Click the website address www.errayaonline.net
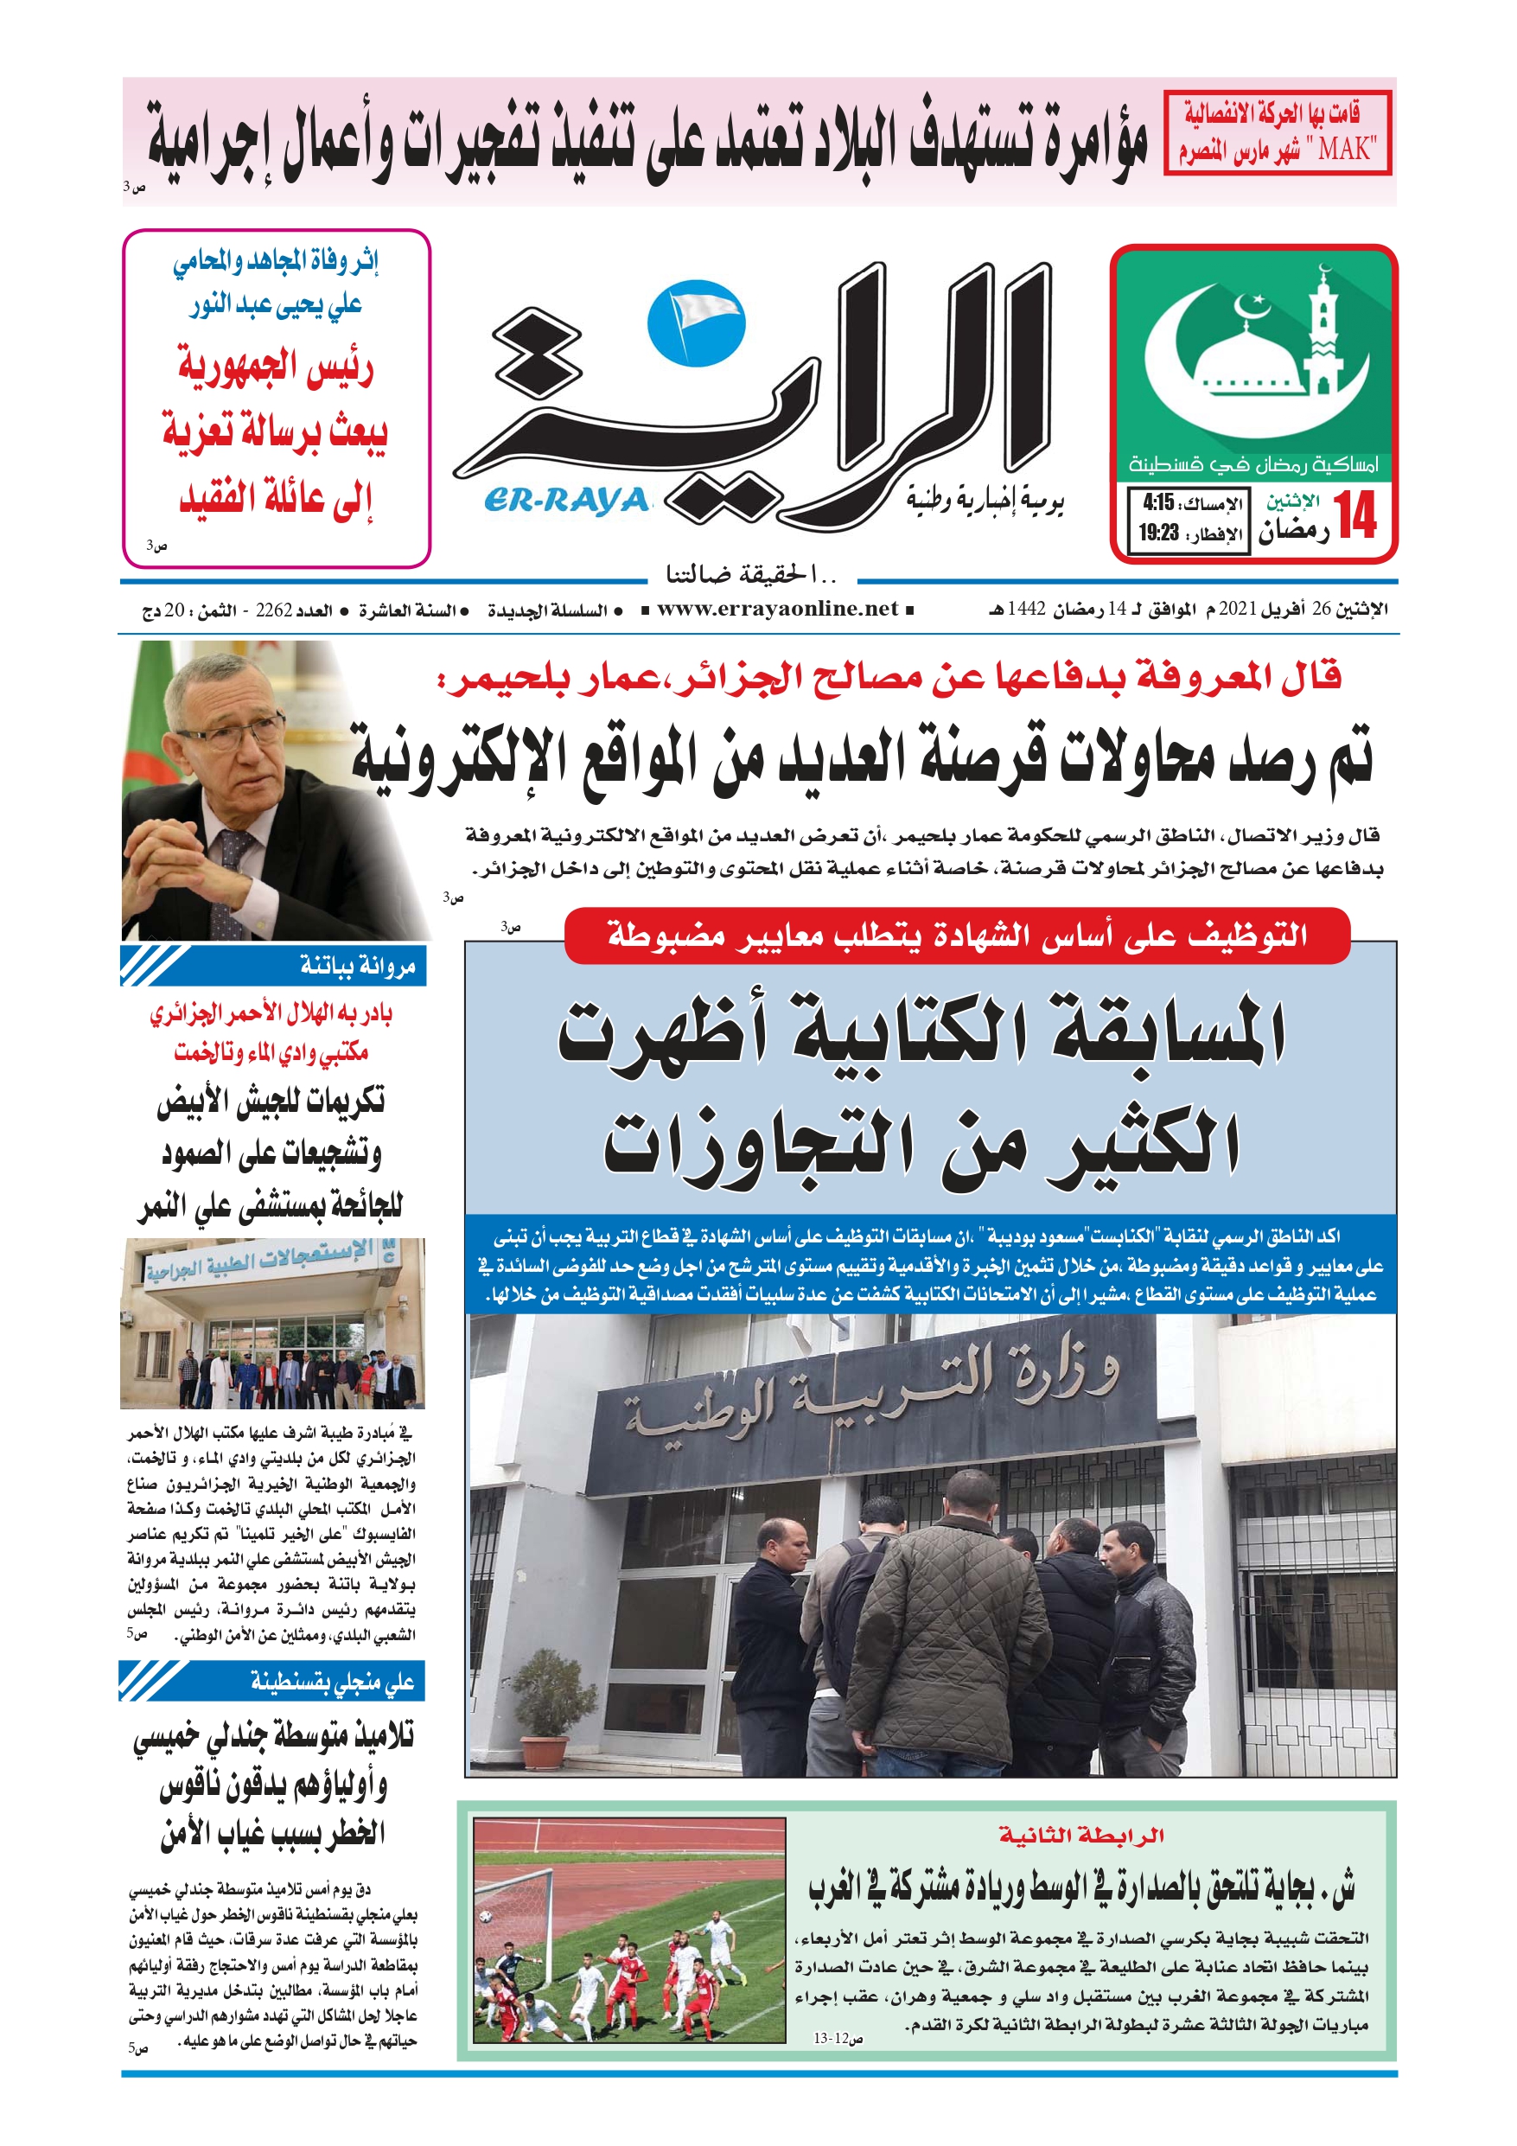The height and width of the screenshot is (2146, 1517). [777, 610]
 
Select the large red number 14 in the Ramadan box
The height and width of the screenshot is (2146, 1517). [1356, 516]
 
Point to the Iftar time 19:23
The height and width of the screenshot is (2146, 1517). [1158, 533]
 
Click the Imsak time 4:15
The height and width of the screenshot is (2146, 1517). [1158, 503]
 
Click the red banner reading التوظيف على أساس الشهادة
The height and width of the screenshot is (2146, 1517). [956, 935]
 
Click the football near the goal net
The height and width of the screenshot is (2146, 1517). [486, 1916]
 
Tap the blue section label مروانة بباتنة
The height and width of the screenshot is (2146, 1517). [357, 967]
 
